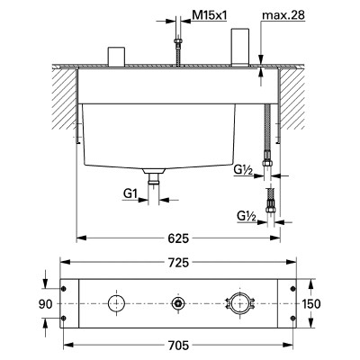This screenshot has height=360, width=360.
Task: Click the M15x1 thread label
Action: (210, 15)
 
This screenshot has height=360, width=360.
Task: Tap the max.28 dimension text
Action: (283, 15)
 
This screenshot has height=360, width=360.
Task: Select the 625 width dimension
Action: (178, 238)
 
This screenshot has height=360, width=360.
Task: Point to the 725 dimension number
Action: (178, 263)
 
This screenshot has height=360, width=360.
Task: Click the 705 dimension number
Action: (178, 346)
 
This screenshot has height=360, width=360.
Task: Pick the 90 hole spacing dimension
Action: (45, 304)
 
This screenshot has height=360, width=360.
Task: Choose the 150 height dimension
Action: (311, 304)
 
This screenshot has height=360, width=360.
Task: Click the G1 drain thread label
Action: (130, 194)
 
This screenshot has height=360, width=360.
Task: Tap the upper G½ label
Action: (243, 170)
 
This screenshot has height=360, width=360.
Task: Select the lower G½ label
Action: (247, 216)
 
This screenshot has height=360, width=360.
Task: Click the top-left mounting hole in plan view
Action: (64, 289)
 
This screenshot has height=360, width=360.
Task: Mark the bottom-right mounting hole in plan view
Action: (292, 319)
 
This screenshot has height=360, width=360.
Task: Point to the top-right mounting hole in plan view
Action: (292, 289)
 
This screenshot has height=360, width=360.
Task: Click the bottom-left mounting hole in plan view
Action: (64, 319)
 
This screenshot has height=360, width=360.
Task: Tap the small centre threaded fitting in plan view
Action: (177, 303)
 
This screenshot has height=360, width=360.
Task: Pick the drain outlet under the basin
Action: (154, 177)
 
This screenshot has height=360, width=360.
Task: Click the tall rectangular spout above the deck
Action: (240, 47)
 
